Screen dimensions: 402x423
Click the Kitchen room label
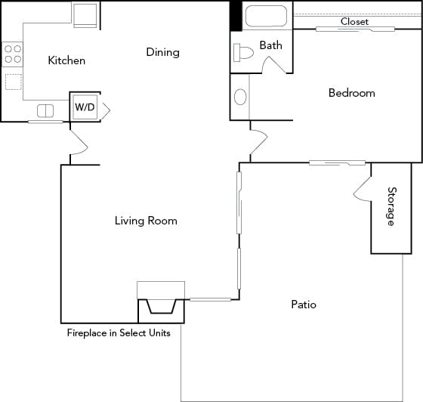66,60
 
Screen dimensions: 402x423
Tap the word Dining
162,52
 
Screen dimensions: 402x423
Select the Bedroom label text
351,93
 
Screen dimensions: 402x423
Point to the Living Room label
146,221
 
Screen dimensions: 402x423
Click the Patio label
303,305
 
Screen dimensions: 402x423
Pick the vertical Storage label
391,206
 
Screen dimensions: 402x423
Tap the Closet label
354,22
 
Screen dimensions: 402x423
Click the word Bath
270,45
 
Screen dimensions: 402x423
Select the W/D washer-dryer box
85,107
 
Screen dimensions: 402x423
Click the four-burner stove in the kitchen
13,54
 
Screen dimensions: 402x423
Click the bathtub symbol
265,17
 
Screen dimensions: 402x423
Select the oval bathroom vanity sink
240,97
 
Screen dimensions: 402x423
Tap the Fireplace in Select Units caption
119,332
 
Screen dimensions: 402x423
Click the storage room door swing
362,189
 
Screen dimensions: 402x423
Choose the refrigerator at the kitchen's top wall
85,14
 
